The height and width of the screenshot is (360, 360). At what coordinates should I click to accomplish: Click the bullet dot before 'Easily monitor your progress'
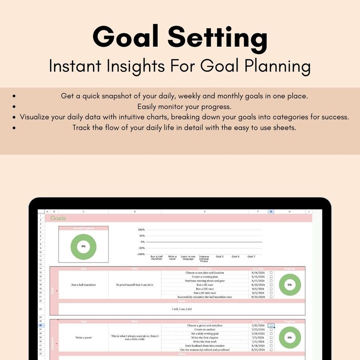coord(15,107)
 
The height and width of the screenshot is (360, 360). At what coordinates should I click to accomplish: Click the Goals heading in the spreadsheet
coord(58,218)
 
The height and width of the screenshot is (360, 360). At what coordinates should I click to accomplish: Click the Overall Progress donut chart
coord(83,246)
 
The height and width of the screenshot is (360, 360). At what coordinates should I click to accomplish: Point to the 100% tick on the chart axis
coord(141,230)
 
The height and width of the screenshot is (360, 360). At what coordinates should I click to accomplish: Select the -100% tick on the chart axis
coord(141,254)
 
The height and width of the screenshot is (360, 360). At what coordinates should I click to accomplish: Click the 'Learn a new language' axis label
coord(188,258)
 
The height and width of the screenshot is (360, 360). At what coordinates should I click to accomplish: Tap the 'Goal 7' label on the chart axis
coord(251,257)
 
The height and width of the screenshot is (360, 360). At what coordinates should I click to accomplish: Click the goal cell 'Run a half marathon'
coord(83,285)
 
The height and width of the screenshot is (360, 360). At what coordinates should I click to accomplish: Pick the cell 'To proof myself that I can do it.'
coord(135,285)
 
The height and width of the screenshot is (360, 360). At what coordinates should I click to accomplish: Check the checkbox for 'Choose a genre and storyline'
coord(271,326)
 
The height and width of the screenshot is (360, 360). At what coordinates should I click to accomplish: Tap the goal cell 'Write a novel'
coord(83,337)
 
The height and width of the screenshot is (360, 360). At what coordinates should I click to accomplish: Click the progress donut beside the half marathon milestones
coord(290,285)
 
